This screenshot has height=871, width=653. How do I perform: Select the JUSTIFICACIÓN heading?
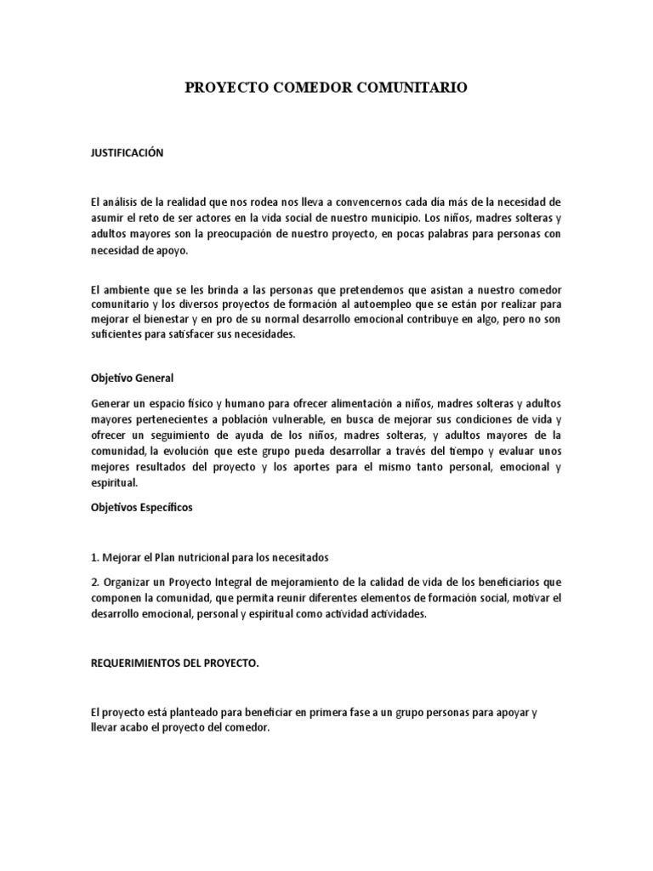tap(127, 153)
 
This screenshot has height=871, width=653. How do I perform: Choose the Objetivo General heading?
tap(132, 379)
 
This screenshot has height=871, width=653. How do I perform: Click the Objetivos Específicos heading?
tap(142, 508)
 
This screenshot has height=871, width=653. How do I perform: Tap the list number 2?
tap(94, 582)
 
